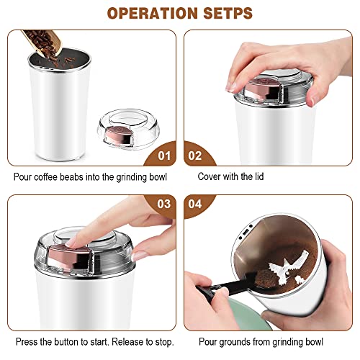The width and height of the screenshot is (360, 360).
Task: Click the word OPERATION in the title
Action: point(150,13)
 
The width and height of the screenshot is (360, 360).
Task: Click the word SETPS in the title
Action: point(228,13)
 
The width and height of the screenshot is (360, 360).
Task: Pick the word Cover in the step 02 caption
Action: point(210,176)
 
